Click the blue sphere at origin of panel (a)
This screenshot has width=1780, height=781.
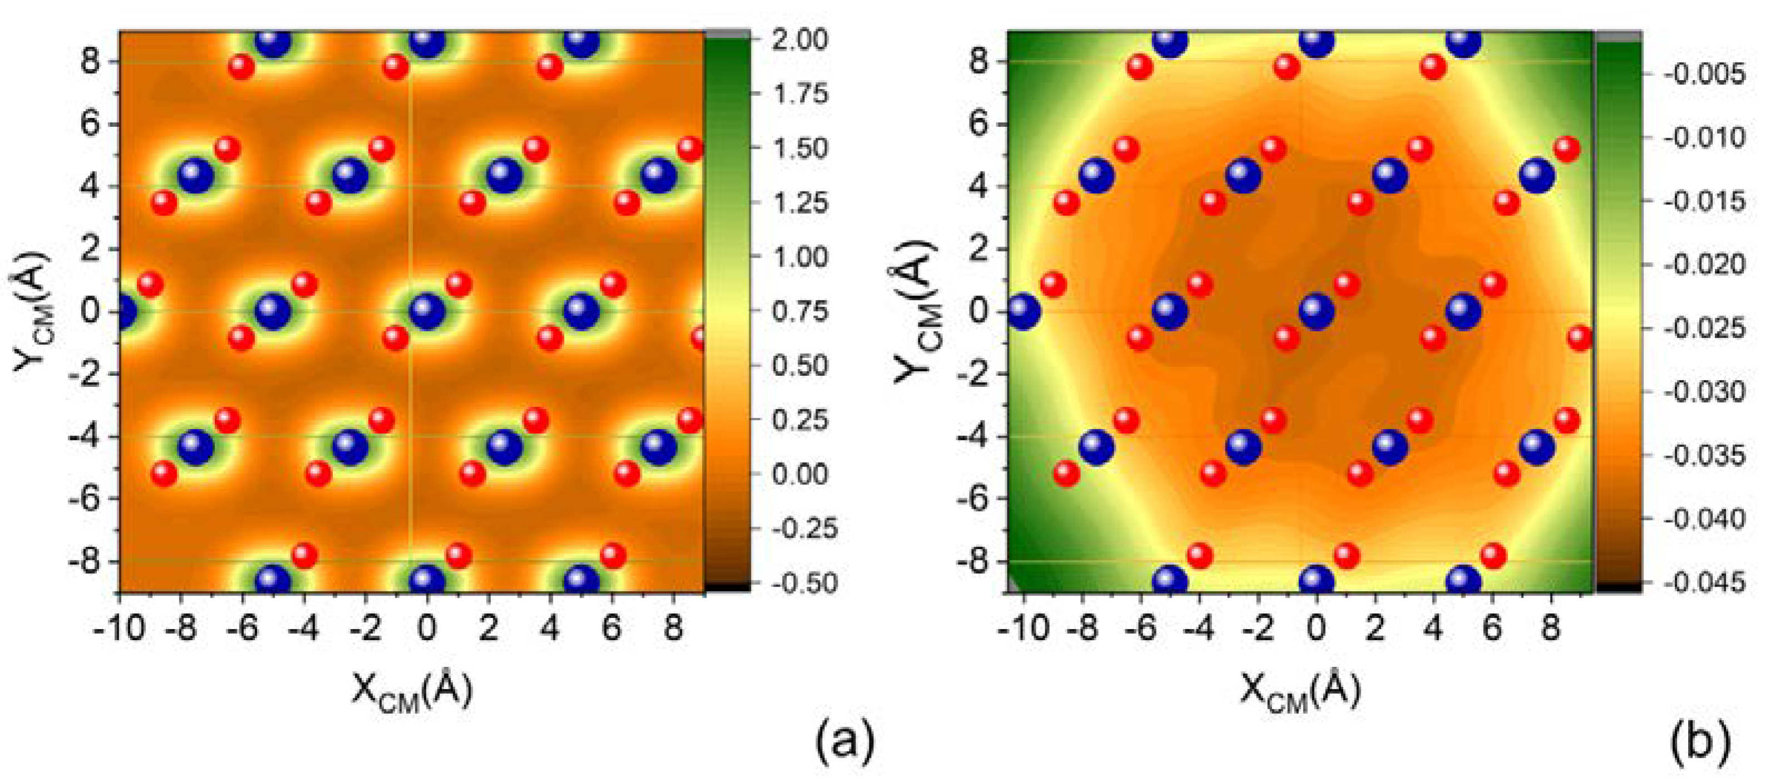tap(427, 312)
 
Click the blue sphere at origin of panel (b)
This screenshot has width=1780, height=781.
tap(1316, 312)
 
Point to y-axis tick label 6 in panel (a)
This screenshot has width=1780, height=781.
tap(91, 124)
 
